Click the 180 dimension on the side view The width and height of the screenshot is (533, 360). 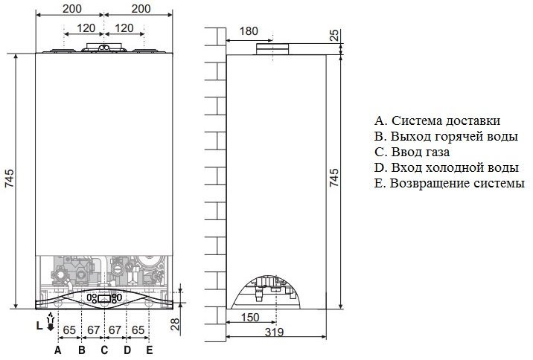(x=249, y=31)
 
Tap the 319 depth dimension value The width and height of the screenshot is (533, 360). (x=274, y=332)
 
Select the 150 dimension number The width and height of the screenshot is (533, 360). (x=250, y=318)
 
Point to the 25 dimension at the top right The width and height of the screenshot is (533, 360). (x=335, y=35)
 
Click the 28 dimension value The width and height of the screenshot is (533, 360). (x=175, y=324)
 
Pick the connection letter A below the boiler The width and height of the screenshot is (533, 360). (x=58, y=350)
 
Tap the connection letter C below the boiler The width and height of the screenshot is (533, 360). (x=104, y=350)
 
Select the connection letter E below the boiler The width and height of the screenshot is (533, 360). (x=149, y=350)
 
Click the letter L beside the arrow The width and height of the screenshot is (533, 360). (x=39, y=326)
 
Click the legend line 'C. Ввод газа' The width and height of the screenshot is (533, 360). (x=412, y=152)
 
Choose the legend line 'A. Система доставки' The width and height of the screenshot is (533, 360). (x=438, y=120)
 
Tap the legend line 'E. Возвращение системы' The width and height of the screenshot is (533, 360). (x=450, y=183)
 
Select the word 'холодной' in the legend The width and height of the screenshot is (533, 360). (x=457, y=167)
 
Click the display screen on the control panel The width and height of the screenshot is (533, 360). (x=104, y=299)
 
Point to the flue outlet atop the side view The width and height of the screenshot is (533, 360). (x=272, y=49)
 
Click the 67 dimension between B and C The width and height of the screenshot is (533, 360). (x=93, y=330)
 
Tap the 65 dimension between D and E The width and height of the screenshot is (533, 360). (x=138, y=330)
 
